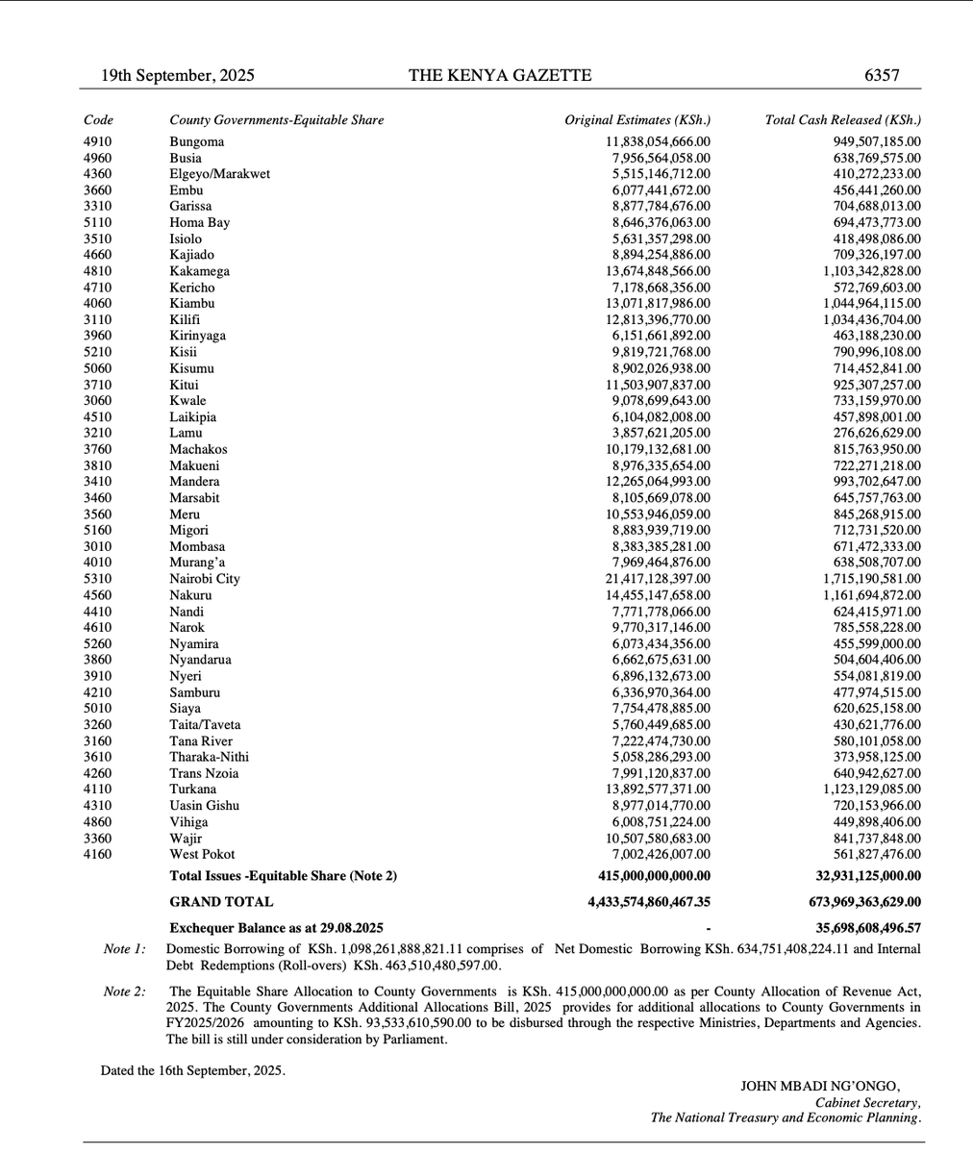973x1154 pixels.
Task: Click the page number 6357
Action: point(881,75)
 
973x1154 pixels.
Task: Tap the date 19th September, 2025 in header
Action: point(178,75)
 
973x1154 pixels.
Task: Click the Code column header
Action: point(98,120)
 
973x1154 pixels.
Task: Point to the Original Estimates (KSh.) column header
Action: point(637,120)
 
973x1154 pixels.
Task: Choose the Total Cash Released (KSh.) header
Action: point(842,120)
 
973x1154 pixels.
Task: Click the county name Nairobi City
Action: point(205,579)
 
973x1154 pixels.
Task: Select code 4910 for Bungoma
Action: point(98,142)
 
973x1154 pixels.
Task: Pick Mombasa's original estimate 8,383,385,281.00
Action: point(661,546)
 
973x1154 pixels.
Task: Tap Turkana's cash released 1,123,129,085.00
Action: point(871,790)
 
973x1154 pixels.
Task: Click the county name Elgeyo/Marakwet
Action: point(219,174)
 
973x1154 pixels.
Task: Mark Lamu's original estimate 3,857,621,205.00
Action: point(661,434)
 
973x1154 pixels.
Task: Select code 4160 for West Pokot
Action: point(98,854)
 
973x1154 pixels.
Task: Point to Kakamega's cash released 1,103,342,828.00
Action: point(871,271)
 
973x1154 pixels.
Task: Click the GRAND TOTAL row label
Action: point(221,902)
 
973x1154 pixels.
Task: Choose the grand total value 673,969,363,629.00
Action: point(861,902)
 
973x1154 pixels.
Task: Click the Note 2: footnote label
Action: point(125,991)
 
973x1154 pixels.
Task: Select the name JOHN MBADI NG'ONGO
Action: point(820,1086)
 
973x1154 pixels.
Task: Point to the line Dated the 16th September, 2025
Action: point(192,1069)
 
